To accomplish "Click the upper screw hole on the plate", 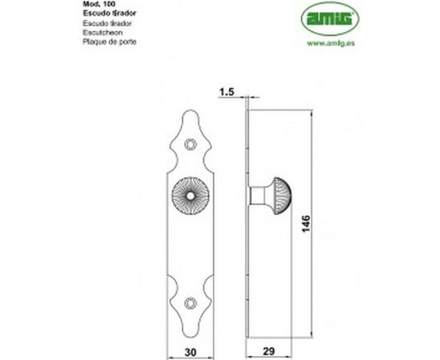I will pos(190,144).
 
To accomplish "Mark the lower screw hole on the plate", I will pos(190,302).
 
